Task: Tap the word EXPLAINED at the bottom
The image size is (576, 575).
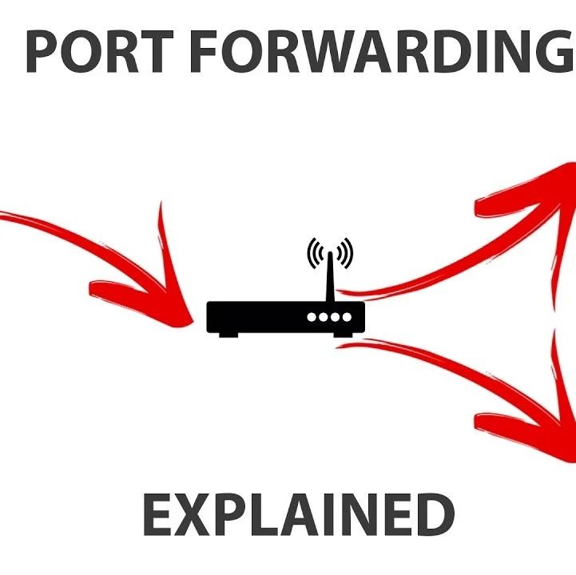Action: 298,515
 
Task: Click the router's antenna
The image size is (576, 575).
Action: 329,276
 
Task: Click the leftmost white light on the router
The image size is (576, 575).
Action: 312,317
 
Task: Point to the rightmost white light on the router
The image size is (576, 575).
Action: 347,317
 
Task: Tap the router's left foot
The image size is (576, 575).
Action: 228,333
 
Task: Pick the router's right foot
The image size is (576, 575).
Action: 344,333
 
